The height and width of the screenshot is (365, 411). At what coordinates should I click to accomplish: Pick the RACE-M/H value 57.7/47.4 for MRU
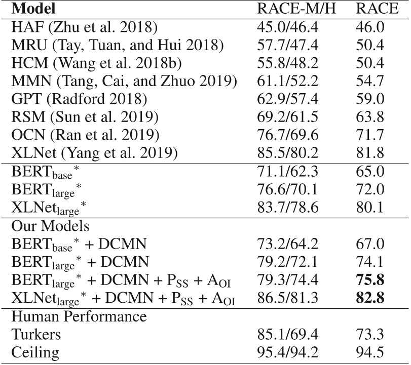pyautogui.click(x=287, y=45)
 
